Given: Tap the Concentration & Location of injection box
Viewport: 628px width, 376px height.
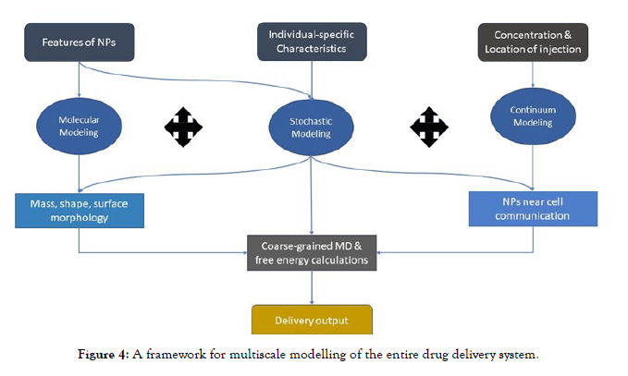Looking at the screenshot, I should point(532,42).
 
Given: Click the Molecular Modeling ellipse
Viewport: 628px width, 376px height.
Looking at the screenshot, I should point(80,127).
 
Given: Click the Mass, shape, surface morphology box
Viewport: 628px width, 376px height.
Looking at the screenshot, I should point(80,211).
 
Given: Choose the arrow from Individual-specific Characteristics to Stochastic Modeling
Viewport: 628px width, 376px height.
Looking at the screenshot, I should point(312,78).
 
